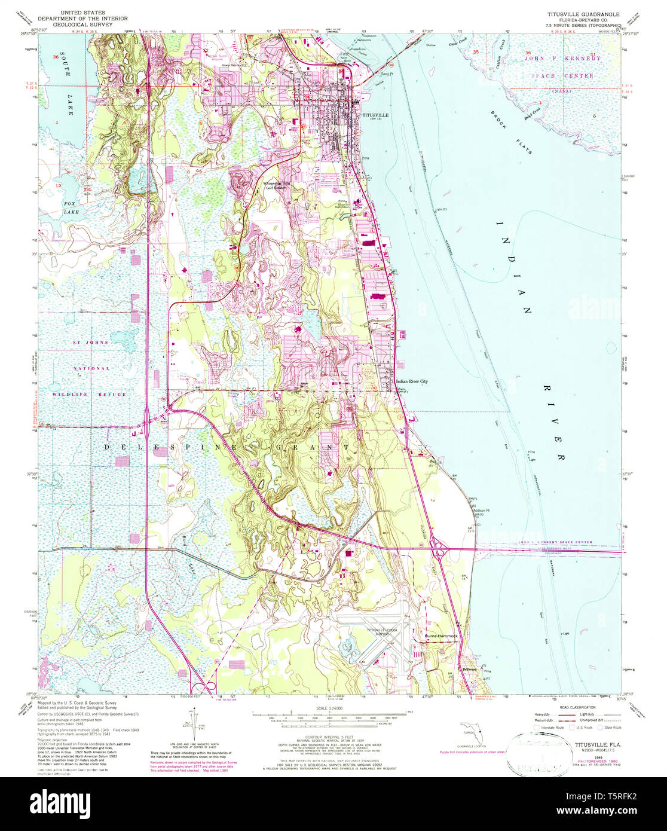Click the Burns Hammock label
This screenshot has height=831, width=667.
(x=440, y=636)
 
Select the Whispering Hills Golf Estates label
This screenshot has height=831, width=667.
(x=277, y=186)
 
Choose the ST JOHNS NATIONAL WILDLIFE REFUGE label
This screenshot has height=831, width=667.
(x=90, y=368)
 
